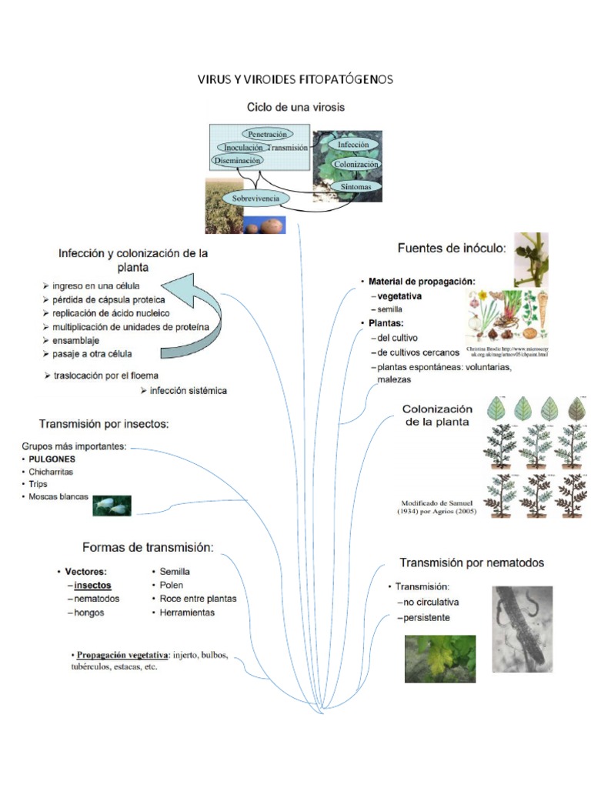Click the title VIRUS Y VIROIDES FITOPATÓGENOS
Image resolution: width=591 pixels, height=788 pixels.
(x=295, y=80)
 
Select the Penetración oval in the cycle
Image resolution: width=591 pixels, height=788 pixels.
(x=267, y=134)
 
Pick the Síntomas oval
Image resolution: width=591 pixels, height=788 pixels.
(x=355, y=187)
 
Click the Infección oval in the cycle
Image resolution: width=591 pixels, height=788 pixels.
(x=353, y=145)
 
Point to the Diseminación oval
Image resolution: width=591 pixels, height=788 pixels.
(x=237, y=160)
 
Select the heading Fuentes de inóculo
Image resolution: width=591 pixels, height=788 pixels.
(x=452, y=248)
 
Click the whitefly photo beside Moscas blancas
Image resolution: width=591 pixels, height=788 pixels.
(x=112, y=506)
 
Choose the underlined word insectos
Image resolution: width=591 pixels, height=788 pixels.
(x=92, y=585)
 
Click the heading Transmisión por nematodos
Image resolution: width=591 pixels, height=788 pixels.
(x=472, y=563)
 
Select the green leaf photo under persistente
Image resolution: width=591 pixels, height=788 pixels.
(x=440, y=659)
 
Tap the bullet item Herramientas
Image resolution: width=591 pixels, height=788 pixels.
(x=187, y=613)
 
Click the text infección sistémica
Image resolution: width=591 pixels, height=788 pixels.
(x=189, y=390)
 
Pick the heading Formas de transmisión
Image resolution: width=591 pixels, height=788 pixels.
(x=147, y=547)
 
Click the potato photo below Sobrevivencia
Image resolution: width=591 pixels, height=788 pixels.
(x=265, y=225)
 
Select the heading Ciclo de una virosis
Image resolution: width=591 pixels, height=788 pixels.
(x=295, y=107)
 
